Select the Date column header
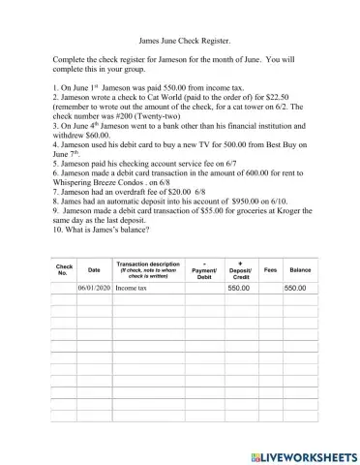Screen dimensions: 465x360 (93, 269)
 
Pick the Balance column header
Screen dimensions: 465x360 (300, 269)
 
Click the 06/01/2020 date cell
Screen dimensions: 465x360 (94, 289)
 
